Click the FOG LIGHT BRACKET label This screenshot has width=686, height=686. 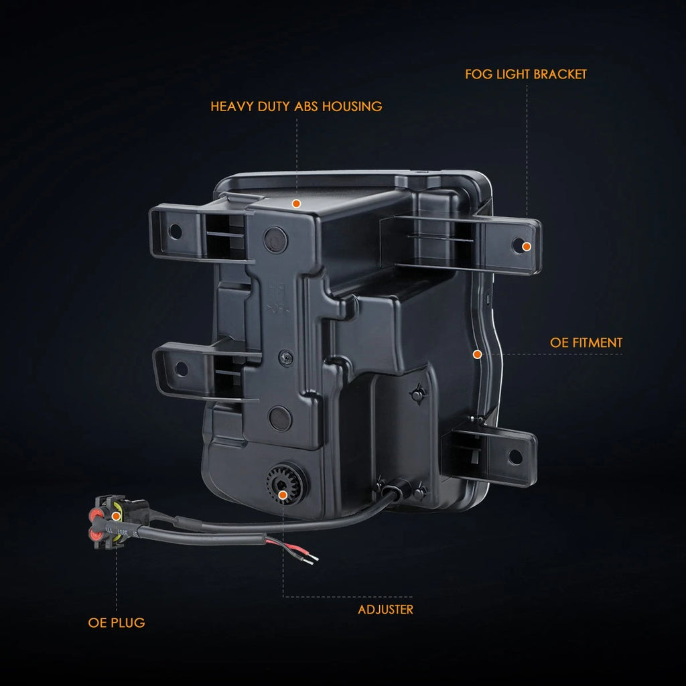click(525, 74)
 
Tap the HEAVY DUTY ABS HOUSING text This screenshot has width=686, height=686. click(296, 107)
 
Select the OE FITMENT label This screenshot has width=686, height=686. click(586, 342)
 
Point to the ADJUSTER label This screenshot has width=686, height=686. click(385, 610)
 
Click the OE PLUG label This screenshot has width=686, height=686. click(117, 622)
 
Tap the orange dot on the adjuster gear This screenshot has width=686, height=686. click(283, 495)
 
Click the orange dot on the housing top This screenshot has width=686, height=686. click(296, 204)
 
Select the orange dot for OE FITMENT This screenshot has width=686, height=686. click(477, 354)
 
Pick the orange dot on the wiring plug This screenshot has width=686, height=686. click(116, 517)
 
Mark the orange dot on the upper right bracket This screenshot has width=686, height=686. click(527, 247)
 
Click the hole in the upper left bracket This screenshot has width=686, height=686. click(175, 231)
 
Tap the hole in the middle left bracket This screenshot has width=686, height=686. click(181, 369)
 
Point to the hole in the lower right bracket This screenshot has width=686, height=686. click(515, 457)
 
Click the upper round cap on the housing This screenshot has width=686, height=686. click(275, 240)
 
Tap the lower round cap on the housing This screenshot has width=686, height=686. click(280, 418)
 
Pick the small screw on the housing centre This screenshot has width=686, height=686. click(285, 358)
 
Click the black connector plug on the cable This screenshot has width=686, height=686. click(119, 522)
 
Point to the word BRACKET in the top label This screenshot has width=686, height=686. click(560, 74)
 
